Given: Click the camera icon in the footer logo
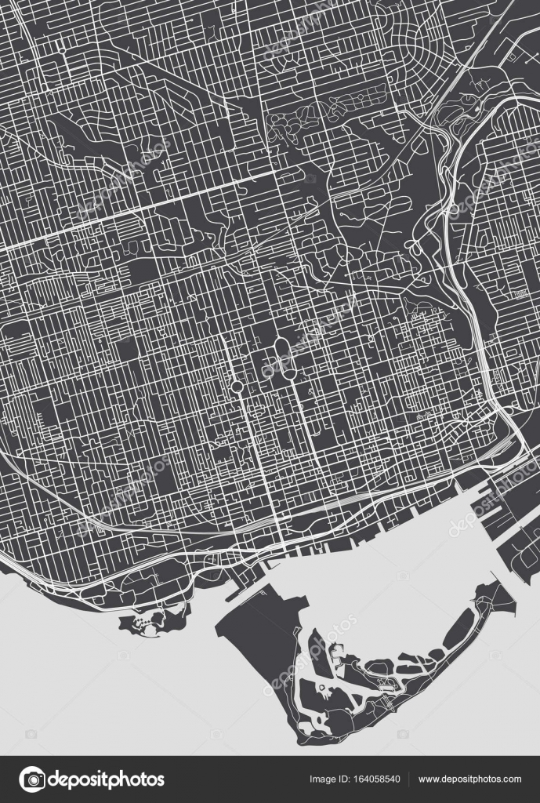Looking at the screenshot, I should click(31, 779).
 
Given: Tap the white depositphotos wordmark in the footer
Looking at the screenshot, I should click(107, 779).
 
